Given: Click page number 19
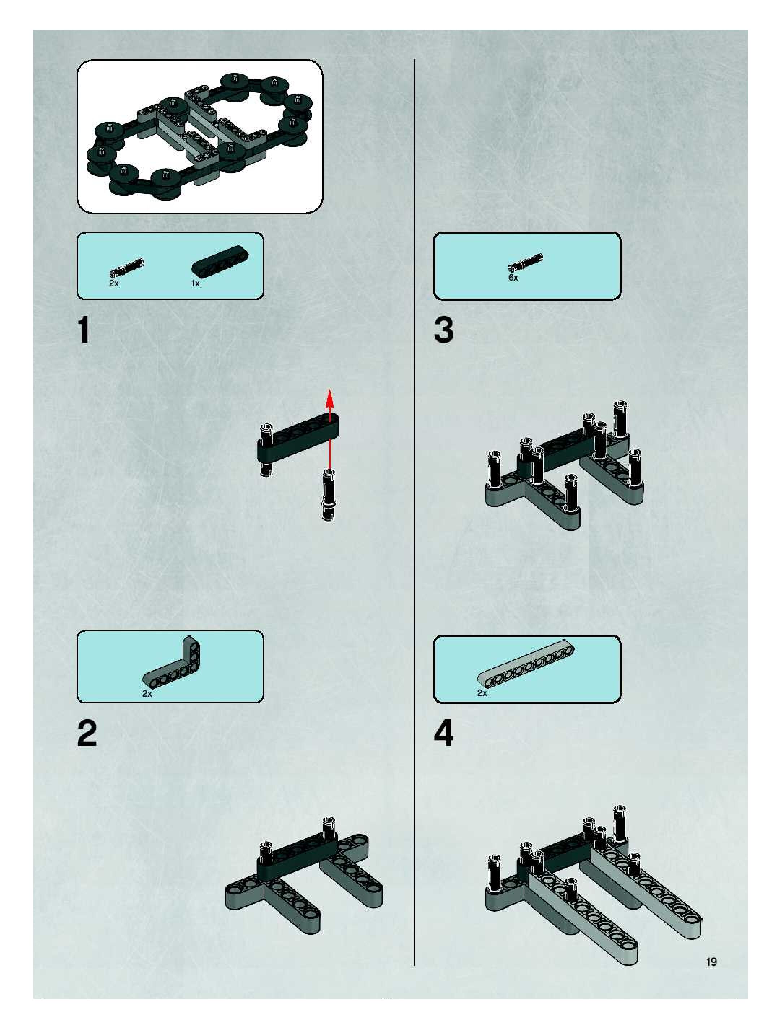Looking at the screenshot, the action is (711, 962).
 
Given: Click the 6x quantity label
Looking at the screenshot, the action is (513, 278).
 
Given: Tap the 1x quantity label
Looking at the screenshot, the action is (195, 283).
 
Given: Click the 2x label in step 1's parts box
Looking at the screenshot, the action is (114, 283).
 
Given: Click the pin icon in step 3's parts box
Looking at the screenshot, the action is (526, 262).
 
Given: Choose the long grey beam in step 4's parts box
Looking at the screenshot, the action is (526, 664).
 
